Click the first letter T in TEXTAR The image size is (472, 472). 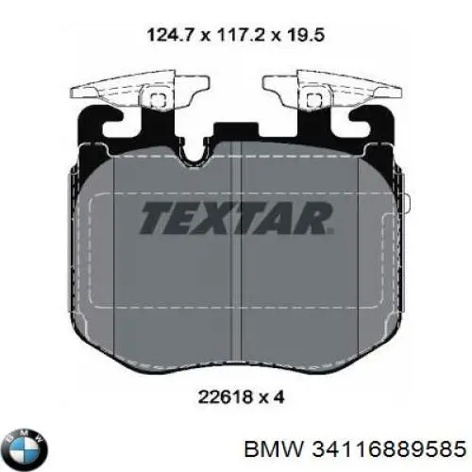157,219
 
